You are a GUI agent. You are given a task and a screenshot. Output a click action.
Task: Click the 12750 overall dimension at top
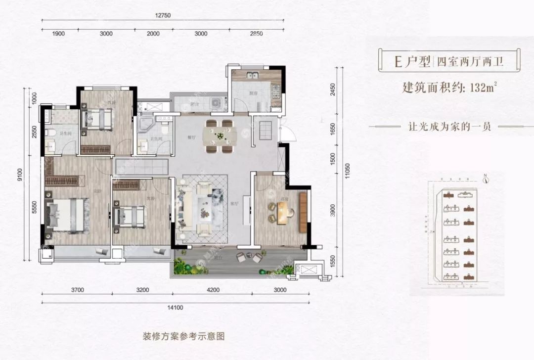coord(163,15)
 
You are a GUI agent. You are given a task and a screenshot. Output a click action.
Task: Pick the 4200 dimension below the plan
coord(213,290)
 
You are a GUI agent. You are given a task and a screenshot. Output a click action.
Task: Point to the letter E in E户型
coord(397,62)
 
